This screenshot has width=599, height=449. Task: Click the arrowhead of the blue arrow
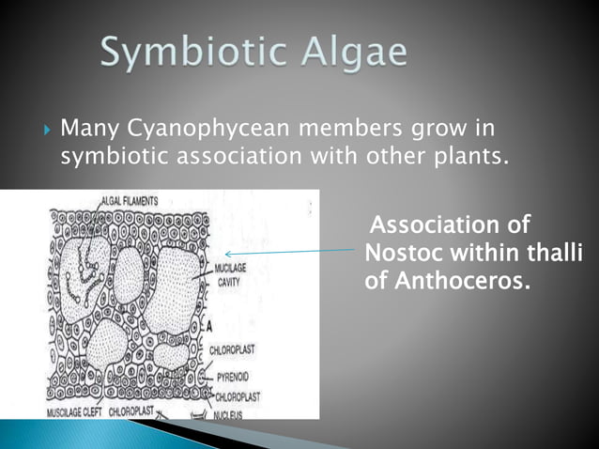(x=229, y=253)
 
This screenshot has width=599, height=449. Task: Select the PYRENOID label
(x=229, y=374)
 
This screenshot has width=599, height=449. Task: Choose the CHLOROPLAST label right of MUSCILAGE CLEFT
(x=131, y=411)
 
